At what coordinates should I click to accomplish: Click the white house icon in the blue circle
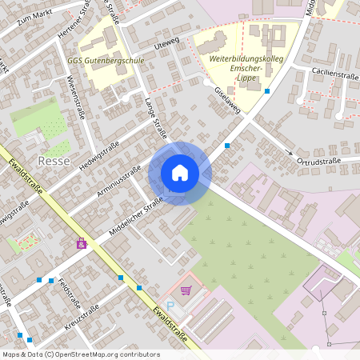pos(179,173)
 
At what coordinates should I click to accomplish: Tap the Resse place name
pos(54,161)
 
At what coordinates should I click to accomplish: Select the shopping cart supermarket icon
pos(186,290)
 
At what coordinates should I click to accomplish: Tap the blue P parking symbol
pos(169,306)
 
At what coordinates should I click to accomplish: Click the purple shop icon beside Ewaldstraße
pos(81,243)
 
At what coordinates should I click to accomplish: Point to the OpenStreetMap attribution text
pos(80,354)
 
